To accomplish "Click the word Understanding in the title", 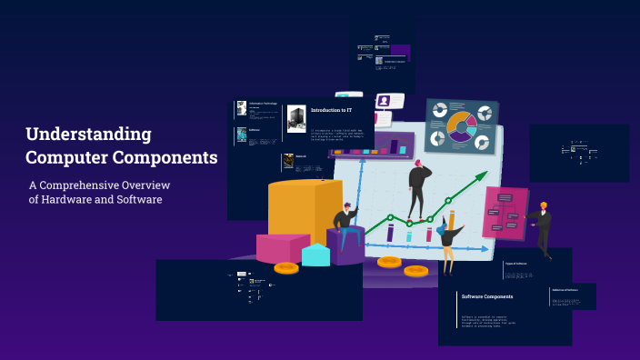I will click(88, 135).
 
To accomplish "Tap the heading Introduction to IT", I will click(331, 110).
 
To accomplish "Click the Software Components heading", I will click(487, 296).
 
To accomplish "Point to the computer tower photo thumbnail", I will click(296, 118).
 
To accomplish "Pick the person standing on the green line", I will click(417, 187).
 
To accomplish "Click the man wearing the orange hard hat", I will click(543, 227).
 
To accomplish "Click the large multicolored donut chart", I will click(461, 127).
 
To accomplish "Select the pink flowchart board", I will click(504, 213).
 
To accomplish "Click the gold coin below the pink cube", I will click(286, 267).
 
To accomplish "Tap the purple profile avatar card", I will click(385, 101).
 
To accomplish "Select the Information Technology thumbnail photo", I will click(242, 107).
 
